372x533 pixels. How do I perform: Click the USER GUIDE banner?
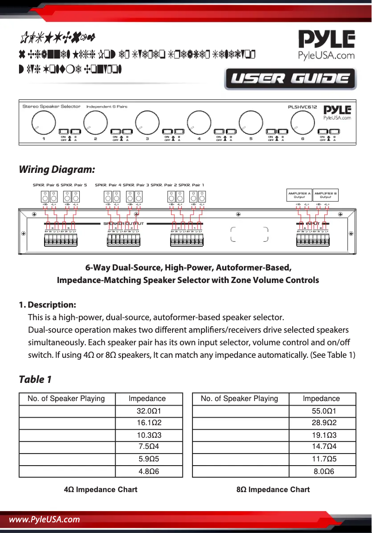[x=290, y=79]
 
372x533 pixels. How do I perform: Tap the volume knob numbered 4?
[x=199, y=122]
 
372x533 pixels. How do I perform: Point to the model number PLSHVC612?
[x=302, y=107]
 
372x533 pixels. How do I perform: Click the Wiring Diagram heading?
[x=57, y=169]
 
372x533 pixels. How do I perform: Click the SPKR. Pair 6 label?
[x=46, y=185]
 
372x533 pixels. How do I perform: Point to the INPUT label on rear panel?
[x=313, y=224]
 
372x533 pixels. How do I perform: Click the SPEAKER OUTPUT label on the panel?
[x=123, y=224]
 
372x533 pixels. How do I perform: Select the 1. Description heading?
[x=47, y=305]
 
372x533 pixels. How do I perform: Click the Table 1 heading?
[x=35, y=379]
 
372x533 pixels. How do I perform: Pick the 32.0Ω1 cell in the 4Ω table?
[x=148, y=411]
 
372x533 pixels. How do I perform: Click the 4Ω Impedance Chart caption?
[x=101, y=489]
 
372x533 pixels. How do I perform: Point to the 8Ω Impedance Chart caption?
[x=273, y=489]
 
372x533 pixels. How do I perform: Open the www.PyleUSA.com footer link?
[x=45, y=520]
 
